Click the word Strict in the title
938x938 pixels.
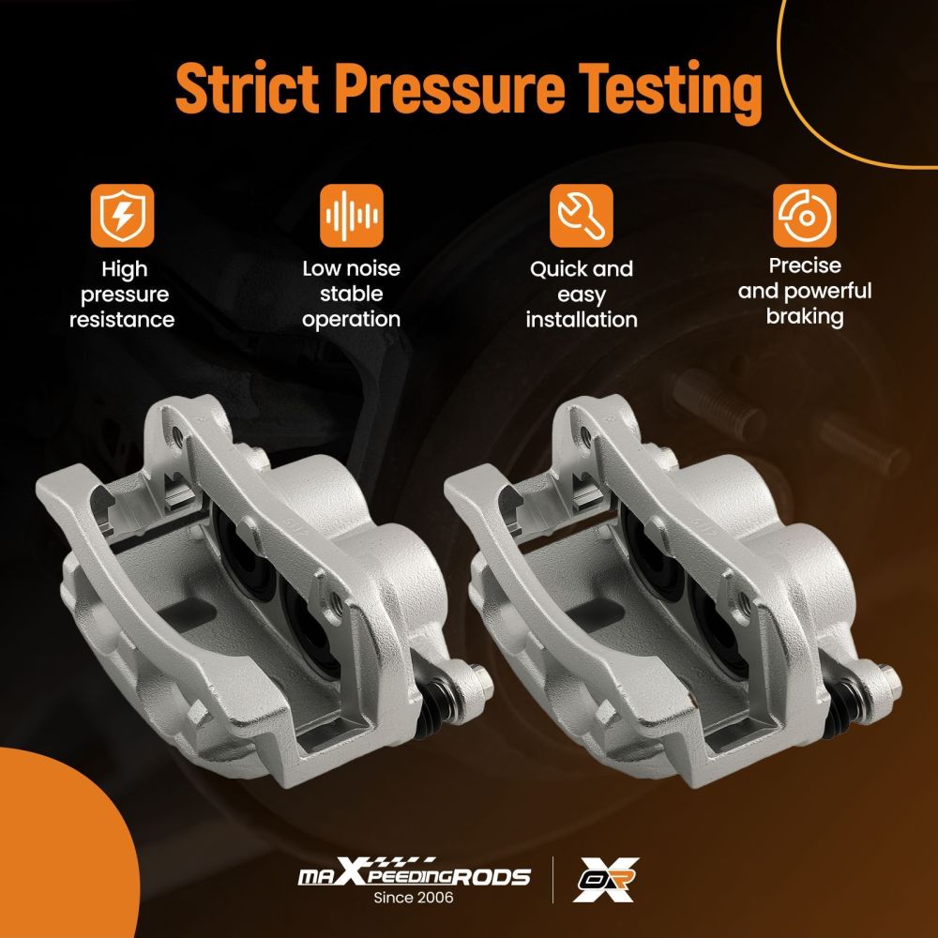click(x=247, y=87)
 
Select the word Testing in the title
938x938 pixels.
click(x=670, y=92)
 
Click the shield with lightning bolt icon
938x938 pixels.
click(x=122, y=216)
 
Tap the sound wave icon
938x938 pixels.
click(x=351, y=216)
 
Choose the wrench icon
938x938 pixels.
click(x=581, y=216)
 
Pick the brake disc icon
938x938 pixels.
click(x=805, y=216)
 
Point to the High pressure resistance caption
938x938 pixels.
click(x=122, y=295)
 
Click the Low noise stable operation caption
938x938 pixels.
click(x=351, y=294)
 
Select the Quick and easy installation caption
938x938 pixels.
click(x=582, y=295)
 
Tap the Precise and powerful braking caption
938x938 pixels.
click(x=805, y=292)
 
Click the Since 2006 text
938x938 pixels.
click(x=414, y=898)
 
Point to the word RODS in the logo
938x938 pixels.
click(x=491, y=877)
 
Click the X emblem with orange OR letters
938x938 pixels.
click(x=605, y=880)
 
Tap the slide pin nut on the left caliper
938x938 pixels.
click(x=481, y=681)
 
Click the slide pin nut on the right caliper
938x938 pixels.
click(x=889, y=681)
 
